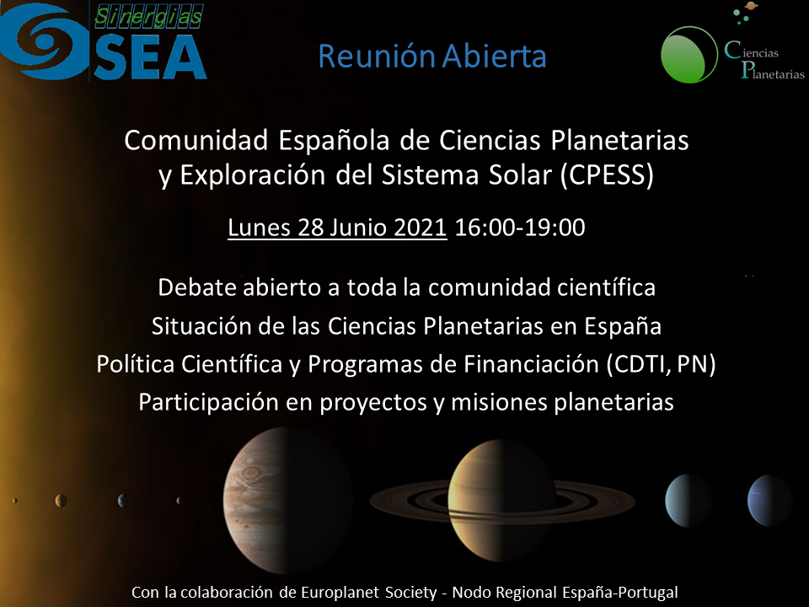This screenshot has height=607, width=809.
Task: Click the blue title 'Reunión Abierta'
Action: (x=432, y=56)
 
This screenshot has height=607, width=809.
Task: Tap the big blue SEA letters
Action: (x=150, y=56)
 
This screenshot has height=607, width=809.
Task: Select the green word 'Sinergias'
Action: (x=149, y=17)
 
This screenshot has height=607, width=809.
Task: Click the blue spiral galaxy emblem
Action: (x=45, y=41)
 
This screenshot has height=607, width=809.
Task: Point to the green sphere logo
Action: (x=689, y=55)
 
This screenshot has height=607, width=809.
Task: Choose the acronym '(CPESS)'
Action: (x=608, y=175)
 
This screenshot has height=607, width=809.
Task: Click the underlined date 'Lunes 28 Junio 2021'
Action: (x=337, y=228)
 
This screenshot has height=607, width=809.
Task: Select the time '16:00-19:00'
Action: (x=520, y=228)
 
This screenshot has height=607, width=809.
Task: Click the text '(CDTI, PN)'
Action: (x=661, y=364)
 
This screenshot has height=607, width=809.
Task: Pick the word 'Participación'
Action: (x=208, y=403)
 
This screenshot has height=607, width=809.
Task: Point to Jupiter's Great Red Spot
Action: (x=251, y=473)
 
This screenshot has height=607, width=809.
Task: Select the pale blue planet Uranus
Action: (x=687, y=501)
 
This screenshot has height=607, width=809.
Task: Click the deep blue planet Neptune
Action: (x=769, y=501)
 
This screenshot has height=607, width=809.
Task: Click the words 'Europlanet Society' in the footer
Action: (x=368, y=592)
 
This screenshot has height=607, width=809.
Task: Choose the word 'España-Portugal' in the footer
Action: (x=620, y=592)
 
